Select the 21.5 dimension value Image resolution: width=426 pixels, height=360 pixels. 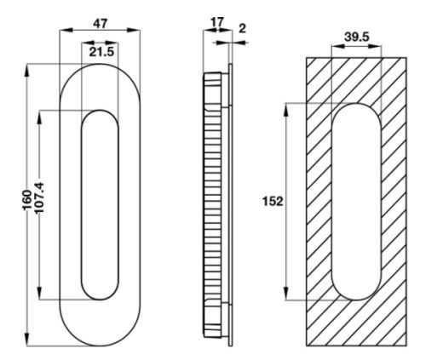click(101, 53)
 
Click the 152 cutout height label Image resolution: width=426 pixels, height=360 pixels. click(273, 202)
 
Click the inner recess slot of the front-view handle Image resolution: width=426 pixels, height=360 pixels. click(101, 204)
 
